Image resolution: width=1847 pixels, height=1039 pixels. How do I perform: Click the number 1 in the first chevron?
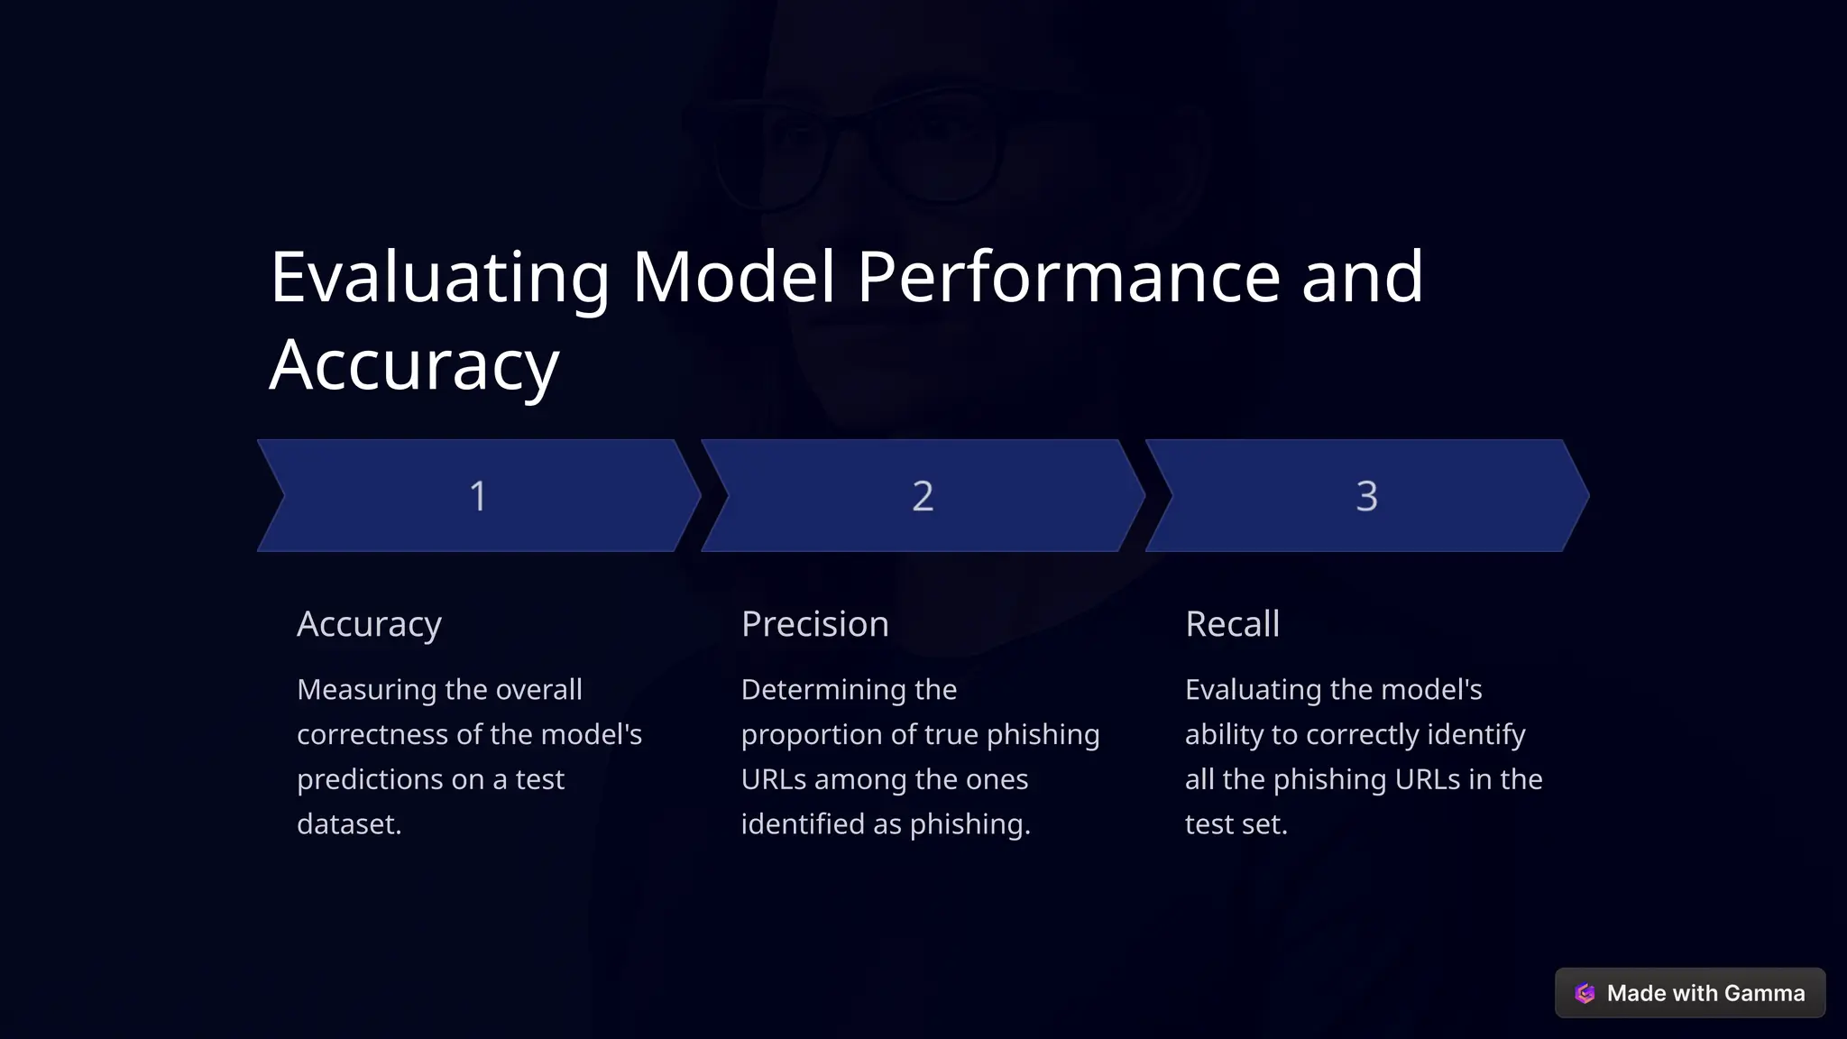click(478, 496)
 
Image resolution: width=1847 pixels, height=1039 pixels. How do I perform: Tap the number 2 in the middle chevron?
click(923, 496)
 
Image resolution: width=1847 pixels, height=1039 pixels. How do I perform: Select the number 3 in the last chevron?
click(1366, 496)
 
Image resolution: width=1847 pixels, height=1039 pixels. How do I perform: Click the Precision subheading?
click(814, 624)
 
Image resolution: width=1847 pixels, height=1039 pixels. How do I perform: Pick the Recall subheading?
click(1232, 624)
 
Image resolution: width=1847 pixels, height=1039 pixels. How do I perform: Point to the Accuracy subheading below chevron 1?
click(369, 624)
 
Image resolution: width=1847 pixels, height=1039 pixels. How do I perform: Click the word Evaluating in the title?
click(440, 277)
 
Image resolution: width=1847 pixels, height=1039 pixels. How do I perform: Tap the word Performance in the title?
click(1069, 277)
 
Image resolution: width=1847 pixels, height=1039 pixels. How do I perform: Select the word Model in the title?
click(733, 277)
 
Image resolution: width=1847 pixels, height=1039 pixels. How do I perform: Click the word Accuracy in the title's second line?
click(414, 365)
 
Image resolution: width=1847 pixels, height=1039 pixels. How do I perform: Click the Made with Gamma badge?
click(1689, 993)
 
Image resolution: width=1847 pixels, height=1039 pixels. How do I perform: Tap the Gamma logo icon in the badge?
click(1585, 994)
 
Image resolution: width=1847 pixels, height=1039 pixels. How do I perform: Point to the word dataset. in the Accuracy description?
click(349, 824)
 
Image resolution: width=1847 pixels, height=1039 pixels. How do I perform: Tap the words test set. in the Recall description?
click(1236, 824)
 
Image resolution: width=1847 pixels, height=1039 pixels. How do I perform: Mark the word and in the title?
click(1362, 277)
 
